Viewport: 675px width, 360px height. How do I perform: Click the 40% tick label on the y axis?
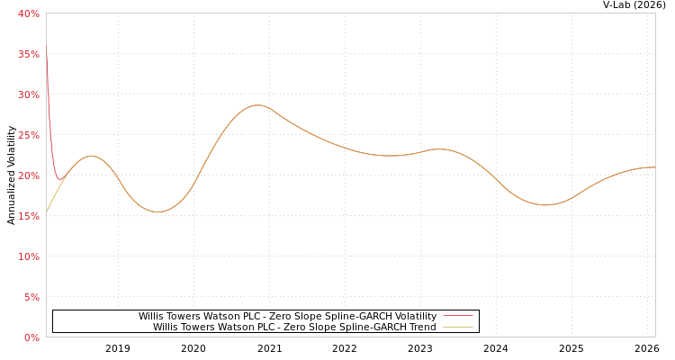(x=28, y=13)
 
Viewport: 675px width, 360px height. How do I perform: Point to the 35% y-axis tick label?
(x=28, y=54)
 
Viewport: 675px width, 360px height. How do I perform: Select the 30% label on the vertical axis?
(x=28, y=94)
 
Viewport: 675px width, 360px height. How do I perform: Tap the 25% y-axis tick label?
(x=28, y=135)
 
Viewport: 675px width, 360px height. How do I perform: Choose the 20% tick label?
(x=28, y=175)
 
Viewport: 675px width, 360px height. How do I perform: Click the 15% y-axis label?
(x=28, y=216)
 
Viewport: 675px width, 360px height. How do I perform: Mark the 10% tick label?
(x=28, y=256)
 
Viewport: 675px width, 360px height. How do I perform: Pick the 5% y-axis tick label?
(x=31, y=297)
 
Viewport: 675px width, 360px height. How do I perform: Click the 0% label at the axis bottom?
(x=31, y=337)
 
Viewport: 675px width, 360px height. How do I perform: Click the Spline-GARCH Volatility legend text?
(x=287, y=316)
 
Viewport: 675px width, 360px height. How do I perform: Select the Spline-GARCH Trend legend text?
(x=294, y=327)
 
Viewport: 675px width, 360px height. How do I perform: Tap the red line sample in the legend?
(x=458, y=316)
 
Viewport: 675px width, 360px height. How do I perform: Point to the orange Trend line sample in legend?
(x=458, y=327)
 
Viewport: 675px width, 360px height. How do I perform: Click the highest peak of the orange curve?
(x=257, y=105)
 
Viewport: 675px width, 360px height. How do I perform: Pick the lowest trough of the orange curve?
(x=158, y=211)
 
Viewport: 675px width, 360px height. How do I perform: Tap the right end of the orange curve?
(x=653, y=167)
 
